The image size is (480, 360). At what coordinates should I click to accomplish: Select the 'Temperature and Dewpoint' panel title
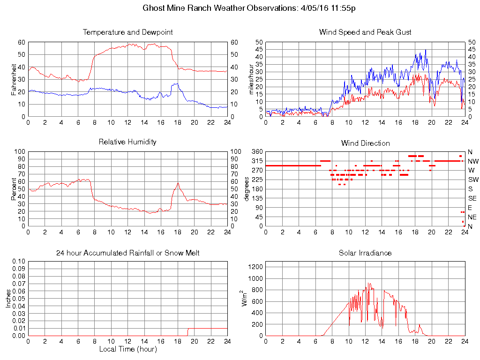(x=127, y=32)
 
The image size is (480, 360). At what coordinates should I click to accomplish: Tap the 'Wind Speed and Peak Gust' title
(x=365, y=32)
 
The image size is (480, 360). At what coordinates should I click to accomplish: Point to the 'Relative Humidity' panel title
(x=127, y=142)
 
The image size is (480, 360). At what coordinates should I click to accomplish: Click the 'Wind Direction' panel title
(x=365, y=143)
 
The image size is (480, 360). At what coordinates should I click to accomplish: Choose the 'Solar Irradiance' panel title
(x=365, y=253)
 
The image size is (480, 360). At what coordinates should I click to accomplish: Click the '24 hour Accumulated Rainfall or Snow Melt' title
(x=127, y=253)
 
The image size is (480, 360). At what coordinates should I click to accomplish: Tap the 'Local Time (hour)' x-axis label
(x=127, y=349)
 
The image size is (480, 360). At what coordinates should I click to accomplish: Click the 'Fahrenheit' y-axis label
(x=14, y=79)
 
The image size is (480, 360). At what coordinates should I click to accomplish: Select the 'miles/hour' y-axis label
(x=251, y=79)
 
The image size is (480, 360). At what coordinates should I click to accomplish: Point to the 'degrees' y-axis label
(x=247, y=188)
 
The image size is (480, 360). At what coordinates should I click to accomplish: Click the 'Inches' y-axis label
(x=8, y=298)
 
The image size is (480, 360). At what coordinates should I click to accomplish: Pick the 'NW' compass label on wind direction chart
(x=472, y=161)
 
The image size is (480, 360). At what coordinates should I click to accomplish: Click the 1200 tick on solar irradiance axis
(x=255, y=267)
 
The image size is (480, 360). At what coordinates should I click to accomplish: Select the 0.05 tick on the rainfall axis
(x=18, y=299)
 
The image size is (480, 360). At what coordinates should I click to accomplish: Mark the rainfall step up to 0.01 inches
(x=188, y=331)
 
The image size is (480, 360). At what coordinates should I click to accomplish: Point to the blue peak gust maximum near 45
(x=426, y=50)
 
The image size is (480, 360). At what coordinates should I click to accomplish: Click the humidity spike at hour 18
(x=178, y=183)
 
